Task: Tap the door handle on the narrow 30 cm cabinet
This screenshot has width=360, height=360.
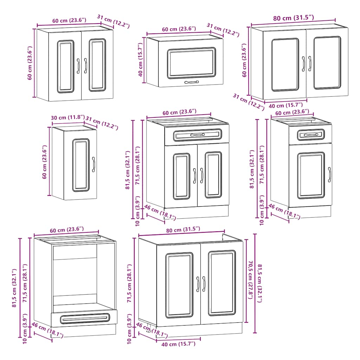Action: (x=94, y=164)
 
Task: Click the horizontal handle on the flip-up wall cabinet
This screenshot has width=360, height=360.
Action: (x=191, y=82)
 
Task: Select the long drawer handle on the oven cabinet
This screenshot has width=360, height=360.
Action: (x=84, y=319)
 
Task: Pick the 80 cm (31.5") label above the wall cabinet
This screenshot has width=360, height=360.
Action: (x=293, y=18)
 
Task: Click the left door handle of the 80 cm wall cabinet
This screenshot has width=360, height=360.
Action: (x=303, y=63)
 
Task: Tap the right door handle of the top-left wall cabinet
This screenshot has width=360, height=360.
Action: (x=85, y=66)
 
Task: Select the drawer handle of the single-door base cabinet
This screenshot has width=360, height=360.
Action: (x=310, y=135)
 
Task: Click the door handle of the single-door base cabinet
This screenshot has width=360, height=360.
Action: (x=329, y=174)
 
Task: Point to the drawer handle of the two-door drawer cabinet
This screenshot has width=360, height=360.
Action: (x=197, y=135)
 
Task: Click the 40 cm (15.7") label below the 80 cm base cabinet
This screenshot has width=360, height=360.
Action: (x=178, y=344)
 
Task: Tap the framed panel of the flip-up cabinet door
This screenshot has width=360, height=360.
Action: (x=191, y=63)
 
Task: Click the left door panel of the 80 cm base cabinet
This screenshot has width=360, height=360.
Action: (x=179, y=285)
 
